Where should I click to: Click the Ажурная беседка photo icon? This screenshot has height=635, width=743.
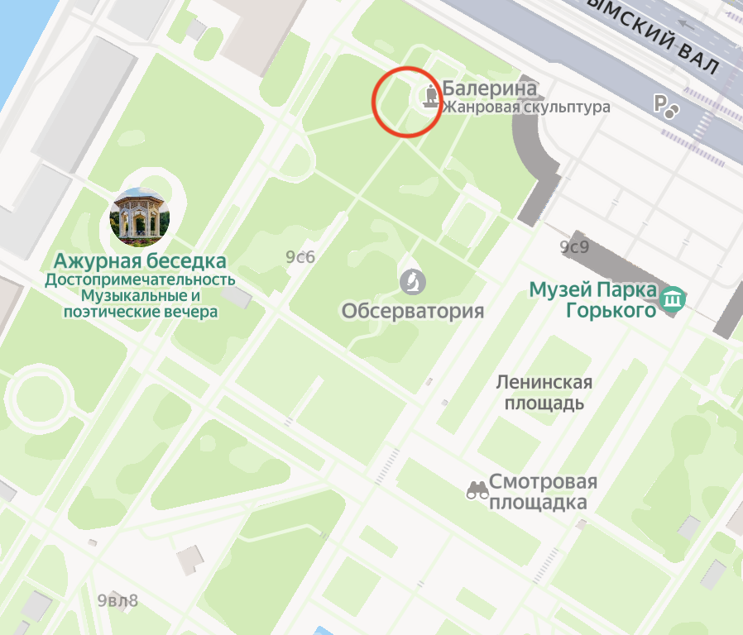[139, 217]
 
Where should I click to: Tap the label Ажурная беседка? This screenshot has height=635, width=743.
[140, 262]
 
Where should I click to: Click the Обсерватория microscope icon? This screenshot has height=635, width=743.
[412, 282]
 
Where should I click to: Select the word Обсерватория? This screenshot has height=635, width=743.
[412, 312]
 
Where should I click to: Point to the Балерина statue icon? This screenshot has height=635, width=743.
[430, 97]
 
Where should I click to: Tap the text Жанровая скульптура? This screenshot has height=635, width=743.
[525, 107]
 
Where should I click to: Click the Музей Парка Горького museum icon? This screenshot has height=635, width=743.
[673, 298]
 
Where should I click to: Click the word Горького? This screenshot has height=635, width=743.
[611, 310]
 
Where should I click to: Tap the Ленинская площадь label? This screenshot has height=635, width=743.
[544, 393]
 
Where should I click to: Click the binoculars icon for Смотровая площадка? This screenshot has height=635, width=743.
[476, 491]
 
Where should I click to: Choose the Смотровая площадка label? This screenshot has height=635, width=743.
[542, 492]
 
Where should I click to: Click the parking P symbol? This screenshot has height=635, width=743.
[661, 103]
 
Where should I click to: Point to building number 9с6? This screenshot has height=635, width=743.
[300, 257]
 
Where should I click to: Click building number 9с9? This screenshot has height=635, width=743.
[573, 246]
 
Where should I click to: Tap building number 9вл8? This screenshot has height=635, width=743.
[117, 600]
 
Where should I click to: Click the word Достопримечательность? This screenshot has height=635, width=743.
[140, 280]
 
